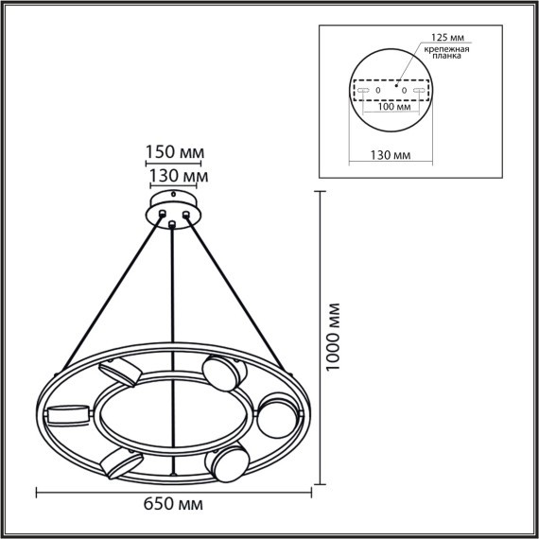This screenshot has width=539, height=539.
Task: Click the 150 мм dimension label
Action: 175,152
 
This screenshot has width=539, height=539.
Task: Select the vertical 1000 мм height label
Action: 333,338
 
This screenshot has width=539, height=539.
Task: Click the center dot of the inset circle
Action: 396,82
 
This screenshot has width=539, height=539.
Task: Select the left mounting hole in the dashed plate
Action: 378,90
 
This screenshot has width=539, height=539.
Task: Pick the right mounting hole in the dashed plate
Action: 404,90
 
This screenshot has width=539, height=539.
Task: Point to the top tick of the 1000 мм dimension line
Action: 317,190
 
